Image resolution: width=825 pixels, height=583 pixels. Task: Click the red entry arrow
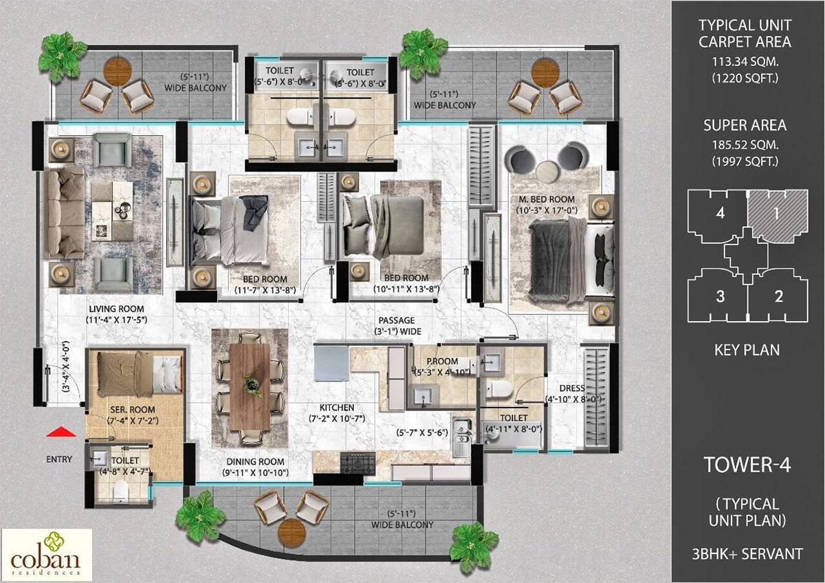[x=63, y=432]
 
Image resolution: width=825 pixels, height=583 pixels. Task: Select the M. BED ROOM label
[x=547, y=200]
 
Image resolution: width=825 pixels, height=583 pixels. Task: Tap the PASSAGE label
[x=397, y=320]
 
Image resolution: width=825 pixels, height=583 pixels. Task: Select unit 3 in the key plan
[x=720, y=297]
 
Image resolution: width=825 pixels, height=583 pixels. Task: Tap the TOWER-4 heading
[x=747, y=465]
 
